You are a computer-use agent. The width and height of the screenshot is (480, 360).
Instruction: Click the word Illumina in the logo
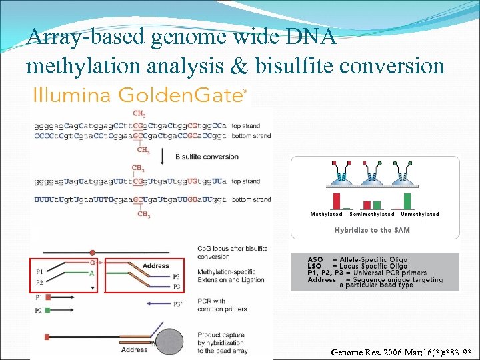click(x=71, y=95)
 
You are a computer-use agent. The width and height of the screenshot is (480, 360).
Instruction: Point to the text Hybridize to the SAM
click(x=372, y=230)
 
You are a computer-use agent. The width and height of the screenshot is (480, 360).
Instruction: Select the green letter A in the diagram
click(x=92, y=273)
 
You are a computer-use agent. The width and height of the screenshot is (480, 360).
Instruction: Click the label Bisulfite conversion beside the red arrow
click(x=206, y=157)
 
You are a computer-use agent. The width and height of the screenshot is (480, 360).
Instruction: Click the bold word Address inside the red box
click(x=156, y=266)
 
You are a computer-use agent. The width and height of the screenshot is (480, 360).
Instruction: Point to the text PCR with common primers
click(x=222, y=305)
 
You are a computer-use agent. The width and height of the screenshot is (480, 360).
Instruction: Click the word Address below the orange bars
click(x=135, y=349)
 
